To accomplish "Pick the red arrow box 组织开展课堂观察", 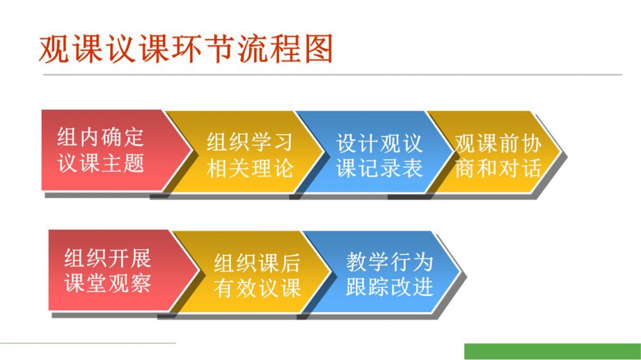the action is tap(119, 270).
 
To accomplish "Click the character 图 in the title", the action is tap(319, 49).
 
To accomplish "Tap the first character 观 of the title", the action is tap(54, 49).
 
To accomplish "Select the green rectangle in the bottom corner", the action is tap(553, 352).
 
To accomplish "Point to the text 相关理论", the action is tap(250, 168).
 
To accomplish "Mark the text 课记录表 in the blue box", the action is tap(379, 168).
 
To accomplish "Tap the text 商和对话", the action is tap(498, 168).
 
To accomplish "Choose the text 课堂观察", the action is tap(108, 282).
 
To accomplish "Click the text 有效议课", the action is tap(257, 288).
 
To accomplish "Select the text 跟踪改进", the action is tap(389, 286).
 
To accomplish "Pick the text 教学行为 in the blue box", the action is tap(389, 261).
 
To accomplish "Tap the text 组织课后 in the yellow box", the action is tap(257, 263).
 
